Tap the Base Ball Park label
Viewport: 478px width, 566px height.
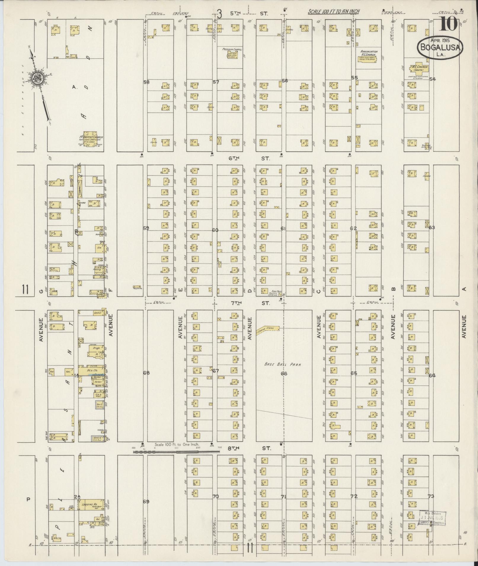point(283,365)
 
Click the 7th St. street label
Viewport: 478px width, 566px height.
point(249,303)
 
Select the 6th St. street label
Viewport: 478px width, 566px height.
point(249,158)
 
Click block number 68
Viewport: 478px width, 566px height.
point(146,373)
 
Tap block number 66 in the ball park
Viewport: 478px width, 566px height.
point(284,373)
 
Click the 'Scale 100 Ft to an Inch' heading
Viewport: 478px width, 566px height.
point(333,12)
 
